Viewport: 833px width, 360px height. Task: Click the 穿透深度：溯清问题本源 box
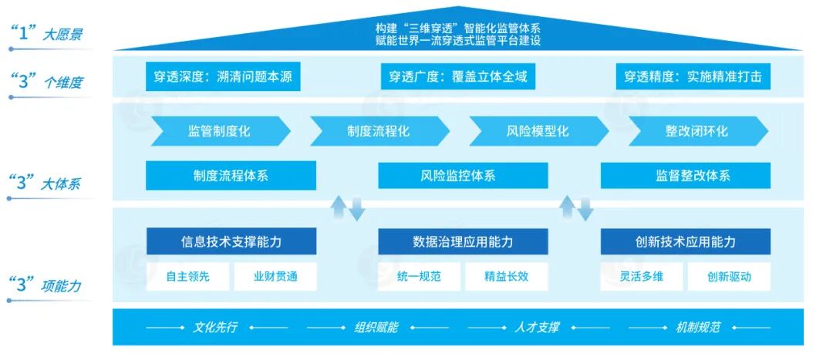coord(223,77)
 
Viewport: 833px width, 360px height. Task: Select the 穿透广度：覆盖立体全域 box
coord(457,77)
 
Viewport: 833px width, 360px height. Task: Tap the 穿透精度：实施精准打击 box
coord(693,77)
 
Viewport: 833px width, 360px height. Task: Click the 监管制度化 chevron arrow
coord(220,131)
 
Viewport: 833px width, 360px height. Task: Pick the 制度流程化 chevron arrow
coord(379,131)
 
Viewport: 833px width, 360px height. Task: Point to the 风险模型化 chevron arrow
coord(538,131)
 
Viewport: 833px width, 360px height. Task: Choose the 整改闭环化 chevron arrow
coord(697,131)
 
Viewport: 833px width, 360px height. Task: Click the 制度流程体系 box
coord(231,176)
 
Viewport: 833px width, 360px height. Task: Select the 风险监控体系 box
coord(463,176)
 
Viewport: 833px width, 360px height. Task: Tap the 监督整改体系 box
coord(686,176)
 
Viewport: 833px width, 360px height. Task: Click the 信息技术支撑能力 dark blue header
coord(231,242)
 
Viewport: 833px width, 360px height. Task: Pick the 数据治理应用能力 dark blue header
coord(463,242)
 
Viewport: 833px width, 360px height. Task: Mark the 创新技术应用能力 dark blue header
coord(686,242)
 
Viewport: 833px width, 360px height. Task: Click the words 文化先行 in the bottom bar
coord(214,328)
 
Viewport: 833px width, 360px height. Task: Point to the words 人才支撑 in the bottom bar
coord(536,328)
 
